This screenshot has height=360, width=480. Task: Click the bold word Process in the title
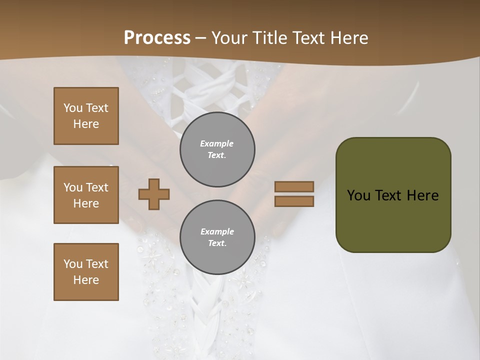click(x=157, y=38)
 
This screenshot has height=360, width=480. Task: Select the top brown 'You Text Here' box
click(x=86, y=116)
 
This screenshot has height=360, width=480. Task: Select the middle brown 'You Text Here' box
click(x=86, y=195)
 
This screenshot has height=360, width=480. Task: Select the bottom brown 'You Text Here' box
click(x=86, y=272)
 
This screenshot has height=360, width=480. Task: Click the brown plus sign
click(x=154, y=194)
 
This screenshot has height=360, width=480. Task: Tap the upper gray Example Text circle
click(x=217, y=149)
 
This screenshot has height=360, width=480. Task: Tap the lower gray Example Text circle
click(x=217, y=237)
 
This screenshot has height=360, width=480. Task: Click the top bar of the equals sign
click(x=294, y=186)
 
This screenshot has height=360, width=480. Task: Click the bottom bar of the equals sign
click(x=294, y=201)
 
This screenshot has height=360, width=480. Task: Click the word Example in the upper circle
click(x=216, y=144)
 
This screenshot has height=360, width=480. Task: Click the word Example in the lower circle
click(x=217, y=232)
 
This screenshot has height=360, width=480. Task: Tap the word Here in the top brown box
click(x=86, y=124)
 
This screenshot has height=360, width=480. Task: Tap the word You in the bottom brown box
click(x=73, y=264)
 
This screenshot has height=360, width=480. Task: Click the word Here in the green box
click(x=422, y=195)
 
